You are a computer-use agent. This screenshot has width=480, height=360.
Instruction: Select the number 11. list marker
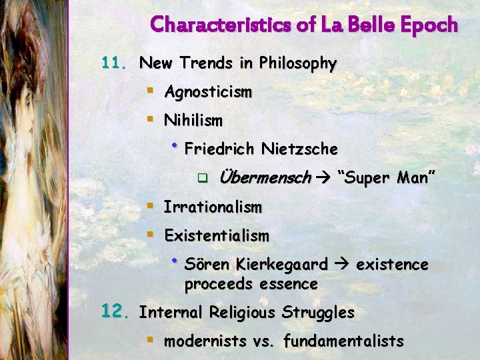tap(113, 63)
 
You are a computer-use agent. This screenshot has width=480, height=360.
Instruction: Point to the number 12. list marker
tap(115, 311)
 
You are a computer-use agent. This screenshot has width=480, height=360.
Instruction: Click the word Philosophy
tap(297, 64)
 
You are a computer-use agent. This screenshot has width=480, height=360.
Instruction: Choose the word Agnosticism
tap(208, 92)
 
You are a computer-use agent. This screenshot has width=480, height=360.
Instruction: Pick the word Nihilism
tap(193, 121)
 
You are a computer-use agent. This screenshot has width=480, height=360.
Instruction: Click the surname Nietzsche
tap(300, 148)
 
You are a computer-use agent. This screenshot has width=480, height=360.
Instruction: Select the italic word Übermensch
tap(264, 177)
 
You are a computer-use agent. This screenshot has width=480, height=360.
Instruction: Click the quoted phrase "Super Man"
tap(387, 177)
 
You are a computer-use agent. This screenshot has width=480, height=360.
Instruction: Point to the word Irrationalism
tap(213, 207)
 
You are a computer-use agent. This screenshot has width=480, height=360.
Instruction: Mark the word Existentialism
tap(217, 235)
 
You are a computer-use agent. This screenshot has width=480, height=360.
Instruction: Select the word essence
tap(289, 284)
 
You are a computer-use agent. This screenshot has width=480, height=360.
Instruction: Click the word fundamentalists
tap(343, 341)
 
